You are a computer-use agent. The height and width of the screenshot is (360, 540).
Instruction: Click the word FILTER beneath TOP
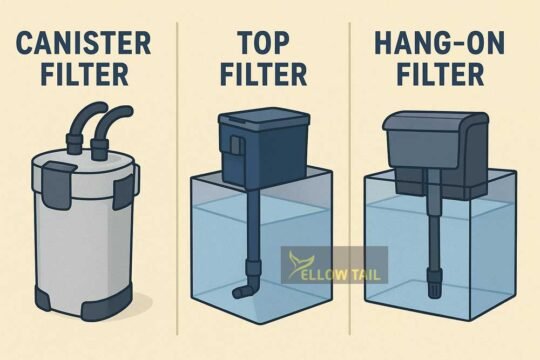click(264, 77)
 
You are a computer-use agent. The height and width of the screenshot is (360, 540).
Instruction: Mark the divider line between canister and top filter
click(179, 180)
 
